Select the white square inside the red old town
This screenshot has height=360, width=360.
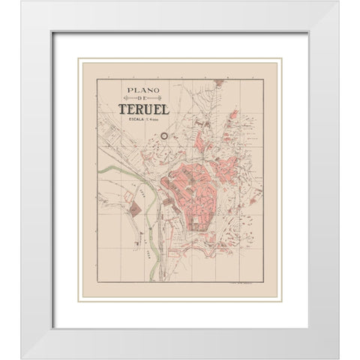tap(199, 222)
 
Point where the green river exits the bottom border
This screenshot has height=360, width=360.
tap(152, 281)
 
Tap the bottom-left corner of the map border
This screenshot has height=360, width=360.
tap(97, 281)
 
